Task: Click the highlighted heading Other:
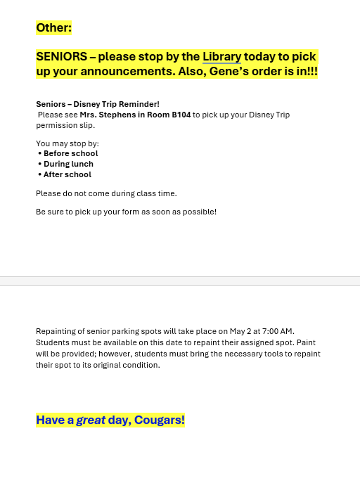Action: coord(54,28)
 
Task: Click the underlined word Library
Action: coord(221,57)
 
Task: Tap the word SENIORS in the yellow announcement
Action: coord(62,57)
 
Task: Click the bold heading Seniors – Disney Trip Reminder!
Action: coord(98,104)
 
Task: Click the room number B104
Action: coord(181,115)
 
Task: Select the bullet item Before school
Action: coord(70,153)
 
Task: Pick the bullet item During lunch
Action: coord(68,164)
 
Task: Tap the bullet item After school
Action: coord(67,174)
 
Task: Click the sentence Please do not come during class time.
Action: coord(106,193)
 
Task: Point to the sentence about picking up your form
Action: coord(126,212)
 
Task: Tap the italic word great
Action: coord(91,420)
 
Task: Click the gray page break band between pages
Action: coord(180,281)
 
